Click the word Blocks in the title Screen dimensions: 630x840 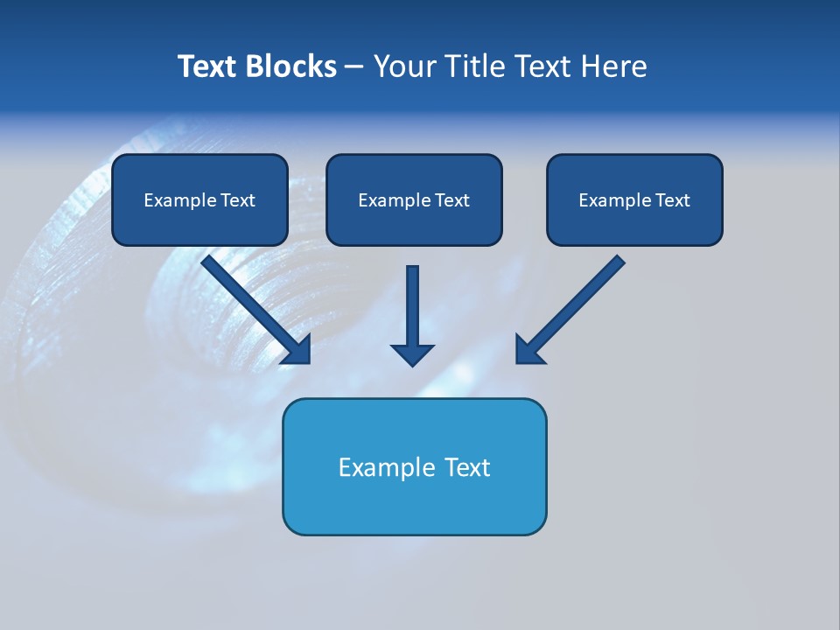coord(290,66)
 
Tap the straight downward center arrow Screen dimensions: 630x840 coord(412,306)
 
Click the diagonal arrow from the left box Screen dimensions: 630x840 coord(249,302)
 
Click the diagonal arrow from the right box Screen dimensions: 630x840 coord(577,302)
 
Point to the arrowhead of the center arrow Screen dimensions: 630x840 coord(412,354)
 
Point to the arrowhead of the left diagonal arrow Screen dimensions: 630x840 coord(297,350)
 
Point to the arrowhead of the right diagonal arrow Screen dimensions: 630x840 coord(528,350)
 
